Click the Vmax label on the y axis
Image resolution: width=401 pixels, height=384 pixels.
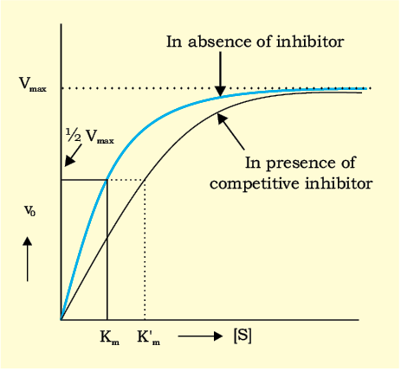click(33, 84)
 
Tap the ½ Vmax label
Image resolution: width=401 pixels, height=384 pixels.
click(90, 136)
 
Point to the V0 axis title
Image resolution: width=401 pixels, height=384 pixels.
click(29, 211)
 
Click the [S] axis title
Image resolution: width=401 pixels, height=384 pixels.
click(243, 336)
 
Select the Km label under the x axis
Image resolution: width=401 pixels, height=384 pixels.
click(110, 337)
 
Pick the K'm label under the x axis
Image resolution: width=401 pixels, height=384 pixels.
click(148, 337)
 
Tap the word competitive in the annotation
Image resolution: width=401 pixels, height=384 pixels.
click(254, 184)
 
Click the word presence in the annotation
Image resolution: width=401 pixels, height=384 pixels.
click(301, 163)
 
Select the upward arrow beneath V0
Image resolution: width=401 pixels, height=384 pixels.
click(28, 259)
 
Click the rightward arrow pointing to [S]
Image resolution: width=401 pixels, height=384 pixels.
click(200, 336)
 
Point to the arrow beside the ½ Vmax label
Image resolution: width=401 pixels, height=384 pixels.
click(73, 156)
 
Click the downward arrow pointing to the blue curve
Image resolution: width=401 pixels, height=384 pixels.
click(220, 74)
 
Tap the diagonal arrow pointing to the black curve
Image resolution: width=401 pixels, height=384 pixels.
click(230, 131)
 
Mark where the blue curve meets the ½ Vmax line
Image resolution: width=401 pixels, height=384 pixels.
click(107, 180)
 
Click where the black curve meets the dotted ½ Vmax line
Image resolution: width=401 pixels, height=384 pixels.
click(145, 180)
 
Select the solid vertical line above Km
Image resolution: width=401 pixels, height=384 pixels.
click(107, 250)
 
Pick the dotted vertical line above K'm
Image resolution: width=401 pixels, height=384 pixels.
click(145, 250)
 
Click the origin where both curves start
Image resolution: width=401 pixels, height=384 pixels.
click(61, 320)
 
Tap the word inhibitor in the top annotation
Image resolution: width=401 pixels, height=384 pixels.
click(310, 42)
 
